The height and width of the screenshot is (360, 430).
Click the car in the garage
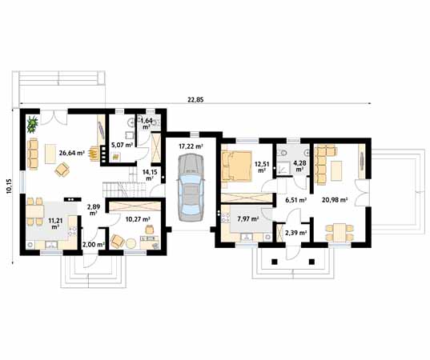[191, 184]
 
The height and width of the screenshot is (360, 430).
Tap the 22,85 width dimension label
[195, 99]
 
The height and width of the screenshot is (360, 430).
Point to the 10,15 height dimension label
[9, 185]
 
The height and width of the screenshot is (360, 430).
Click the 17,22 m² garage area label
[191, 146]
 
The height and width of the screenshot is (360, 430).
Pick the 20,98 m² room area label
[334, 199]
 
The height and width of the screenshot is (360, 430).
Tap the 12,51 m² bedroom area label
[260, 167]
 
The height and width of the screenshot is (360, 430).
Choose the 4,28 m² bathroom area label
[299, 166]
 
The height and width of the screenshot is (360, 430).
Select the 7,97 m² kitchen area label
[249, 218]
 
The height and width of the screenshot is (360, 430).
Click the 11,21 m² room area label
[55, 222]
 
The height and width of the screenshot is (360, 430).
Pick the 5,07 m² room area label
[123, 145]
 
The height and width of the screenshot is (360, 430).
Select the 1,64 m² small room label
[147, 123]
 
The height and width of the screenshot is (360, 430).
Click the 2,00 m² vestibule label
[94, 243]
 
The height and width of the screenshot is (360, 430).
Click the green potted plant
[33, 124]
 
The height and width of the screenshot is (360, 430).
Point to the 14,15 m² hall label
[150, 174]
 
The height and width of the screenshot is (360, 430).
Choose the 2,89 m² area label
[94, 210]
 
